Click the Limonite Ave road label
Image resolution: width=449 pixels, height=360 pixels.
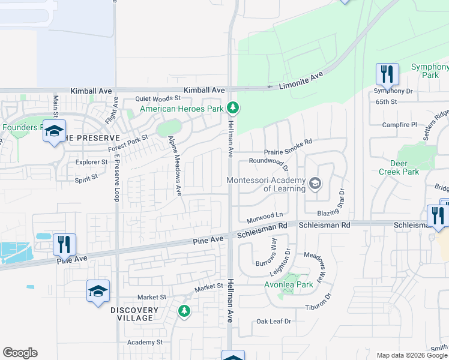tap(301, 80)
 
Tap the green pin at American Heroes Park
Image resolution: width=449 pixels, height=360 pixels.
tap(234, 109)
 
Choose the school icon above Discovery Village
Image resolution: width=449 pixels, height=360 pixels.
tap(98, 292)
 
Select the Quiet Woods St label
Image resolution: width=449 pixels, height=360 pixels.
tap(158, 98)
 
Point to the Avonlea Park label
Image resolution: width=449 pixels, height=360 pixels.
tap(289, 285)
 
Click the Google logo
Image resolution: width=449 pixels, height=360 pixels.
tap(20, 353)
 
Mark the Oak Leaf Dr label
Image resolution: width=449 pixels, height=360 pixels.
tap(274, 322)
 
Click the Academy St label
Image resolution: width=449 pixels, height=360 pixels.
tap(145, 343)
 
